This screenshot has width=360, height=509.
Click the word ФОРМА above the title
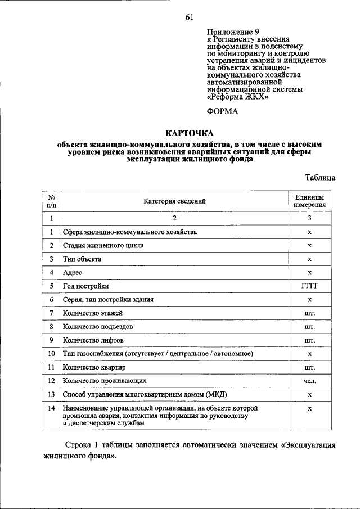pos(222,111)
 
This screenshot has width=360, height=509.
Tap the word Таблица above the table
pos(320,178)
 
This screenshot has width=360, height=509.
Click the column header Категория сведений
pos(174,201)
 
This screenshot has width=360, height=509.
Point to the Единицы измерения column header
pos(309,201)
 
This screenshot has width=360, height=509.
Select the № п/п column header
pos(51,201)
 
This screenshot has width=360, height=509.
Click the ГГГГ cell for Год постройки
pos(309,286)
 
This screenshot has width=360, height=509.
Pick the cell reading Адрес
pos(73,273)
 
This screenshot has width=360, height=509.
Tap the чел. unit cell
pos(309,381)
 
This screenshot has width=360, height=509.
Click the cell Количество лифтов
pos(93,340)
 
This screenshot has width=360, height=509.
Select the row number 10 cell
pos(51,354)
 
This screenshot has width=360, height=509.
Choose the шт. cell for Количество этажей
pos(309,313)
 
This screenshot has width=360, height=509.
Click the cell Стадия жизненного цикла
pos(103,246)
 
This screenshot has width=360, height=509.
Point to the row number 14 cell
pos(51,407)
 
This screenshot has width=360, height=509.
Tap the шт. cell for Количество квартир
pos(309,367)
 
